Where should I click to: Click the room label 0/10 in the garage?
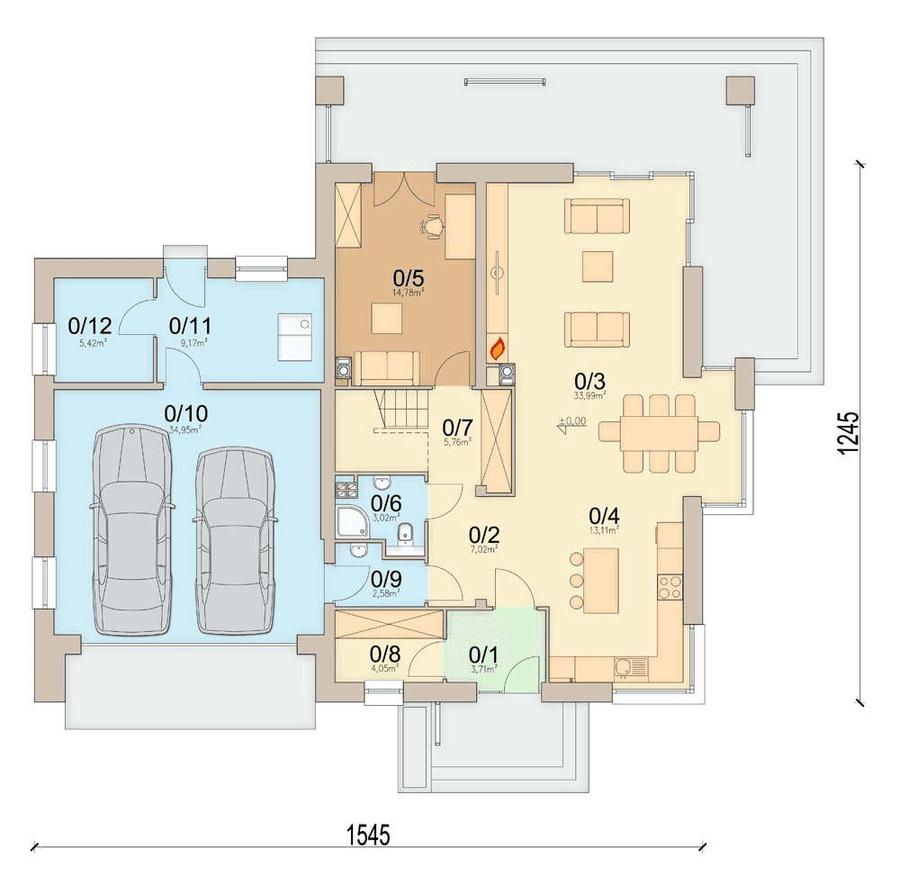[186, 412]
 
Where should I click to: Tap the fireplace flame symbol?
[497, 347]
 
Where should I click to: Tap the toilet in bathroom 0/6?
[405, 533]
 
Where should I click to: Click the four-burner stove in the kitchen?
[670, 587]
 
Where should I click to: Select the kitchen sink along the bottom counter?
[631, 667]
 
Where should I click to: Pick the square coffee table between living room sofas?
[596, 266]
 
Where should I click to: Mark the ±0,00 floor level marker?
[571, 423]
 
